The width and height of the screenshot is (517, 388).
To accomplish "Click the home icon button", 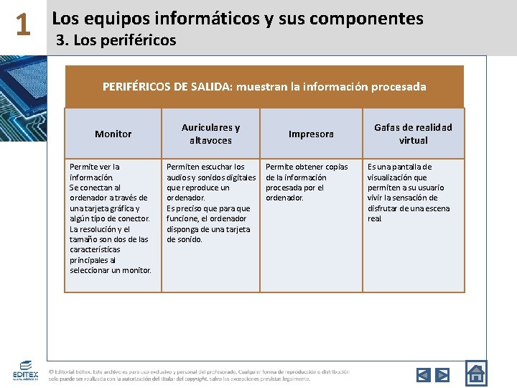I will (476, 373).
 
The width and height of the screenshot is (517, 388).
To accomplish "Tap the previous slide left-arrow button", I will (424, 374).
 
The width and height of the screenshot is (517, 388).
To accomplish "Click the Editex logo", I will (25, 371).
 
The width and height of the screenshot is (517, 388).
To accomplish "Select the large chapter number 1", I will (23, 27).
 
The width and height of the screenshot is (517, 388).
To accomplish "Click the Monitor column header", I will (113, 134).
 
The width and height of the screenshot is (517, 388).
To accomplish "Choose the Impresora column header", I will (311, 134).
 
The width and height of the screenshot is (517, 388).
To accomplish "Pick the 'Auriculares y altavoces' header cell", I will (210, 134).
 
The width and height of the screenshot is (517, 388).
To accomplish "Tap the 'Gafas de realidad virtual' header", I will (413, 134).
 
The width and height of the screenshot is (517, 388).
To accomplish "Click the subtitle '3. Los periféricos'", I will (116, 40).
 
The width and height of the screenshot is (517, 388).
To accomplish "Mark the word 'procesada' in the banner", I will (400, 87).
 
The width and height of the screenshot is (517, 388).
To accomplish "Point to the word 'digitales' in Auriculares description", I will (238, 177).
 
